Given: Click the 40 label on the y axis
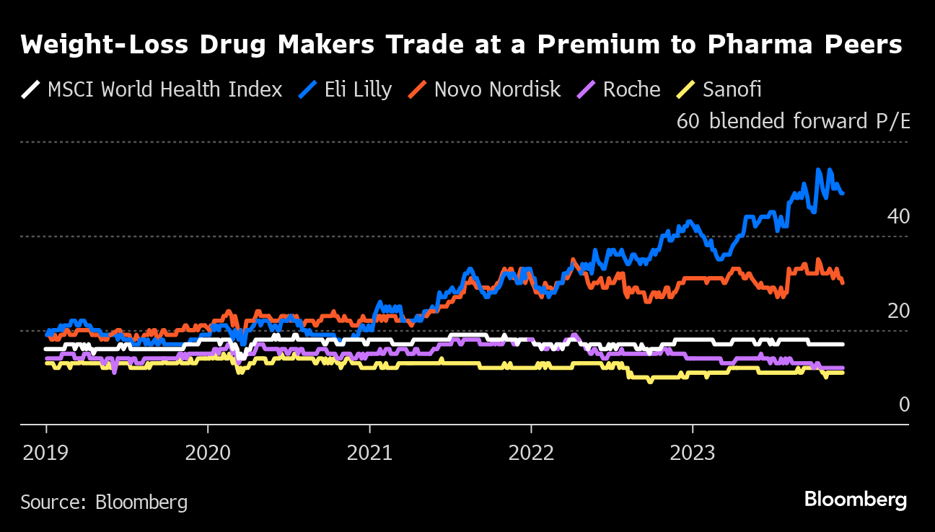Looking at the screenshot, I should point(898,216).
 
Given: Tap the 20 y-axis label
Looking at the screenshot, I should point(898,311).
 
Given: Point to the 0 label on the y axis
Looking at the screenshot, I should point(904,405).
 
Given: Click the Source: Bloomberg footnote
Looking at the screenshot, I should point(104,502).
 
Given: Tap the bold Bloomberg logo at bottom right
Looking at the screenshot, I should point(855,500).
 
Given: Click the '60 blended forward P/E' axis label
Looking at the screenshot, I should point(793,121).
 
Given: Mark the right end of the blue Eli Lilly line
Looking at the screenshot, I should point(843,193).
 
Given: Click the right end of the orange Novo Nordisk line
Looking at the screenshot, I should point(843,283).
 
